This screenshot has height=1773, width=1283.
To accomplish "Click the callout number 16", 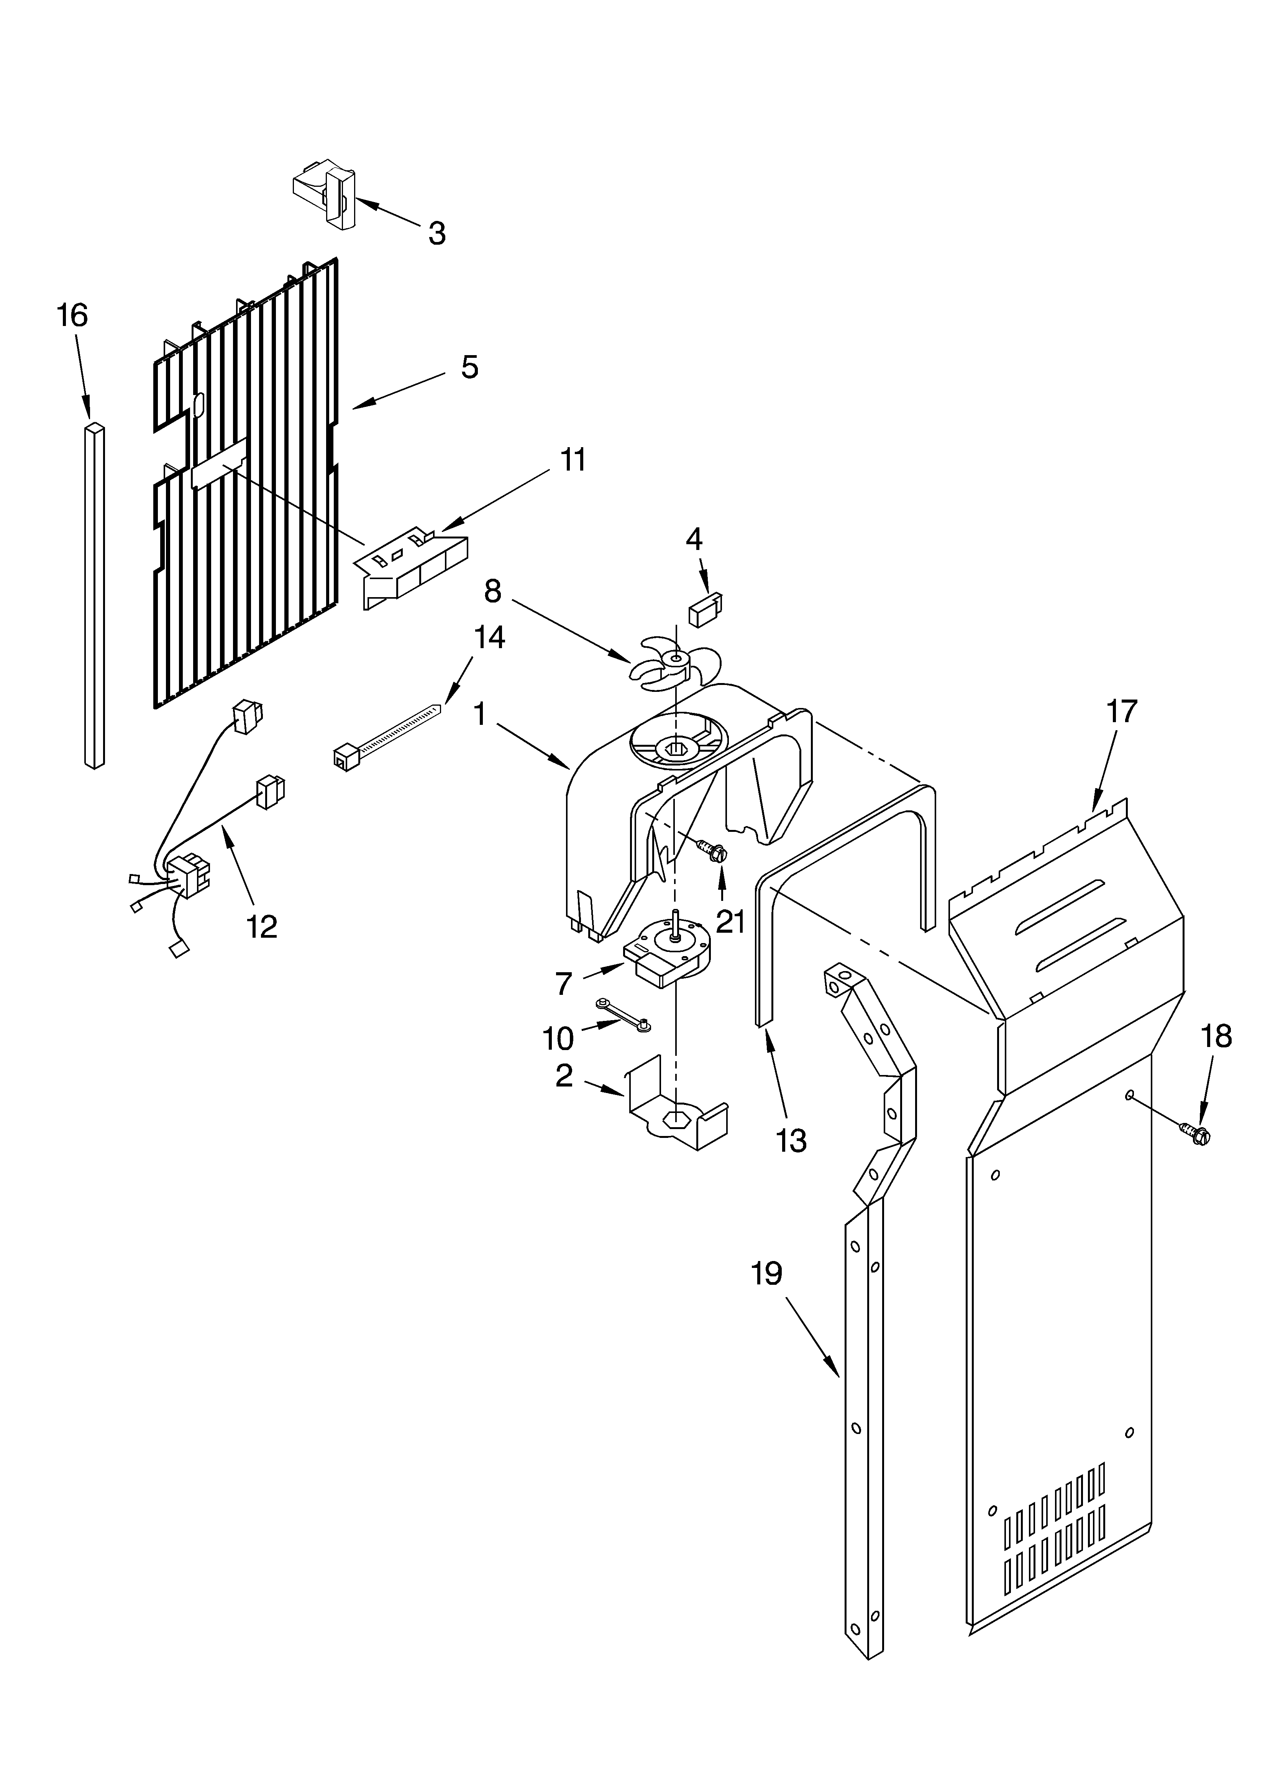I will (x=72, y=316).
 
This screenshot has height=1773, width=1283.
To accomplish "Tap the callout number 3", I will (x=437, y=233).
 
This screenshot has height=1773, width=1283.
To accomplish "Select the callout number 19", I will (x=766, y=1274).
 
